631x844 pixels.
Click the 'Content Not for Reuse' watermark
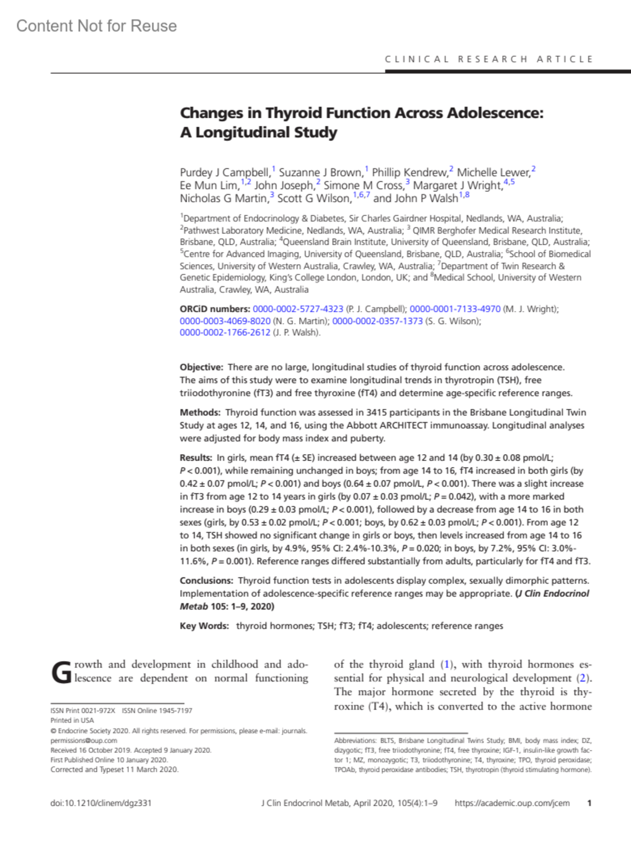97,26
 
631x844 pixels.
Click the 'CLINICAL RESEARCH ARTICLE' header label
489,59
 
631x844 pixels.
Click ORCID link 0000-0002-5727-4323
298,309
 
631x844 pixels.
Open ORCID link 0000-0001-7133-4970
455,309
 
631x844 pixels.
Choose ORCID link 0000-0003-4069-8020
225,321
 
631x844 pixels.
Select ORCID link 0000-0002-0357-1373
377,321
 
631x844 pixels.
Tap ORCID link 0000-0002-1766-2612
225,333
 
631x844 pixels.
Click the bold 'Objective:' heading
201,367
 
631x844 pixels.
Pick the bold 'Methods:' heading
200,413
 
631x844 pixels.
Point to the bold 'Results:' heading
196,458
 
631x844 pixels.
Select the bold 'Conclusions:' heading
206,581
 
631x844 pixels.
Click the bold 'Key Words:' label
204,626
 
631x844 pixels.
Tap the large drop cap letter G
61,673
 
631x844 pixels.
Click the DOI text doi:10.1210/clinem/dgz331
101,803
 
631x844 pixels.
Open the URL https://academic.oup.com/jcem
512,803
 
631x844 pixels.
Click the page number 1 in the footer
589,803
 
